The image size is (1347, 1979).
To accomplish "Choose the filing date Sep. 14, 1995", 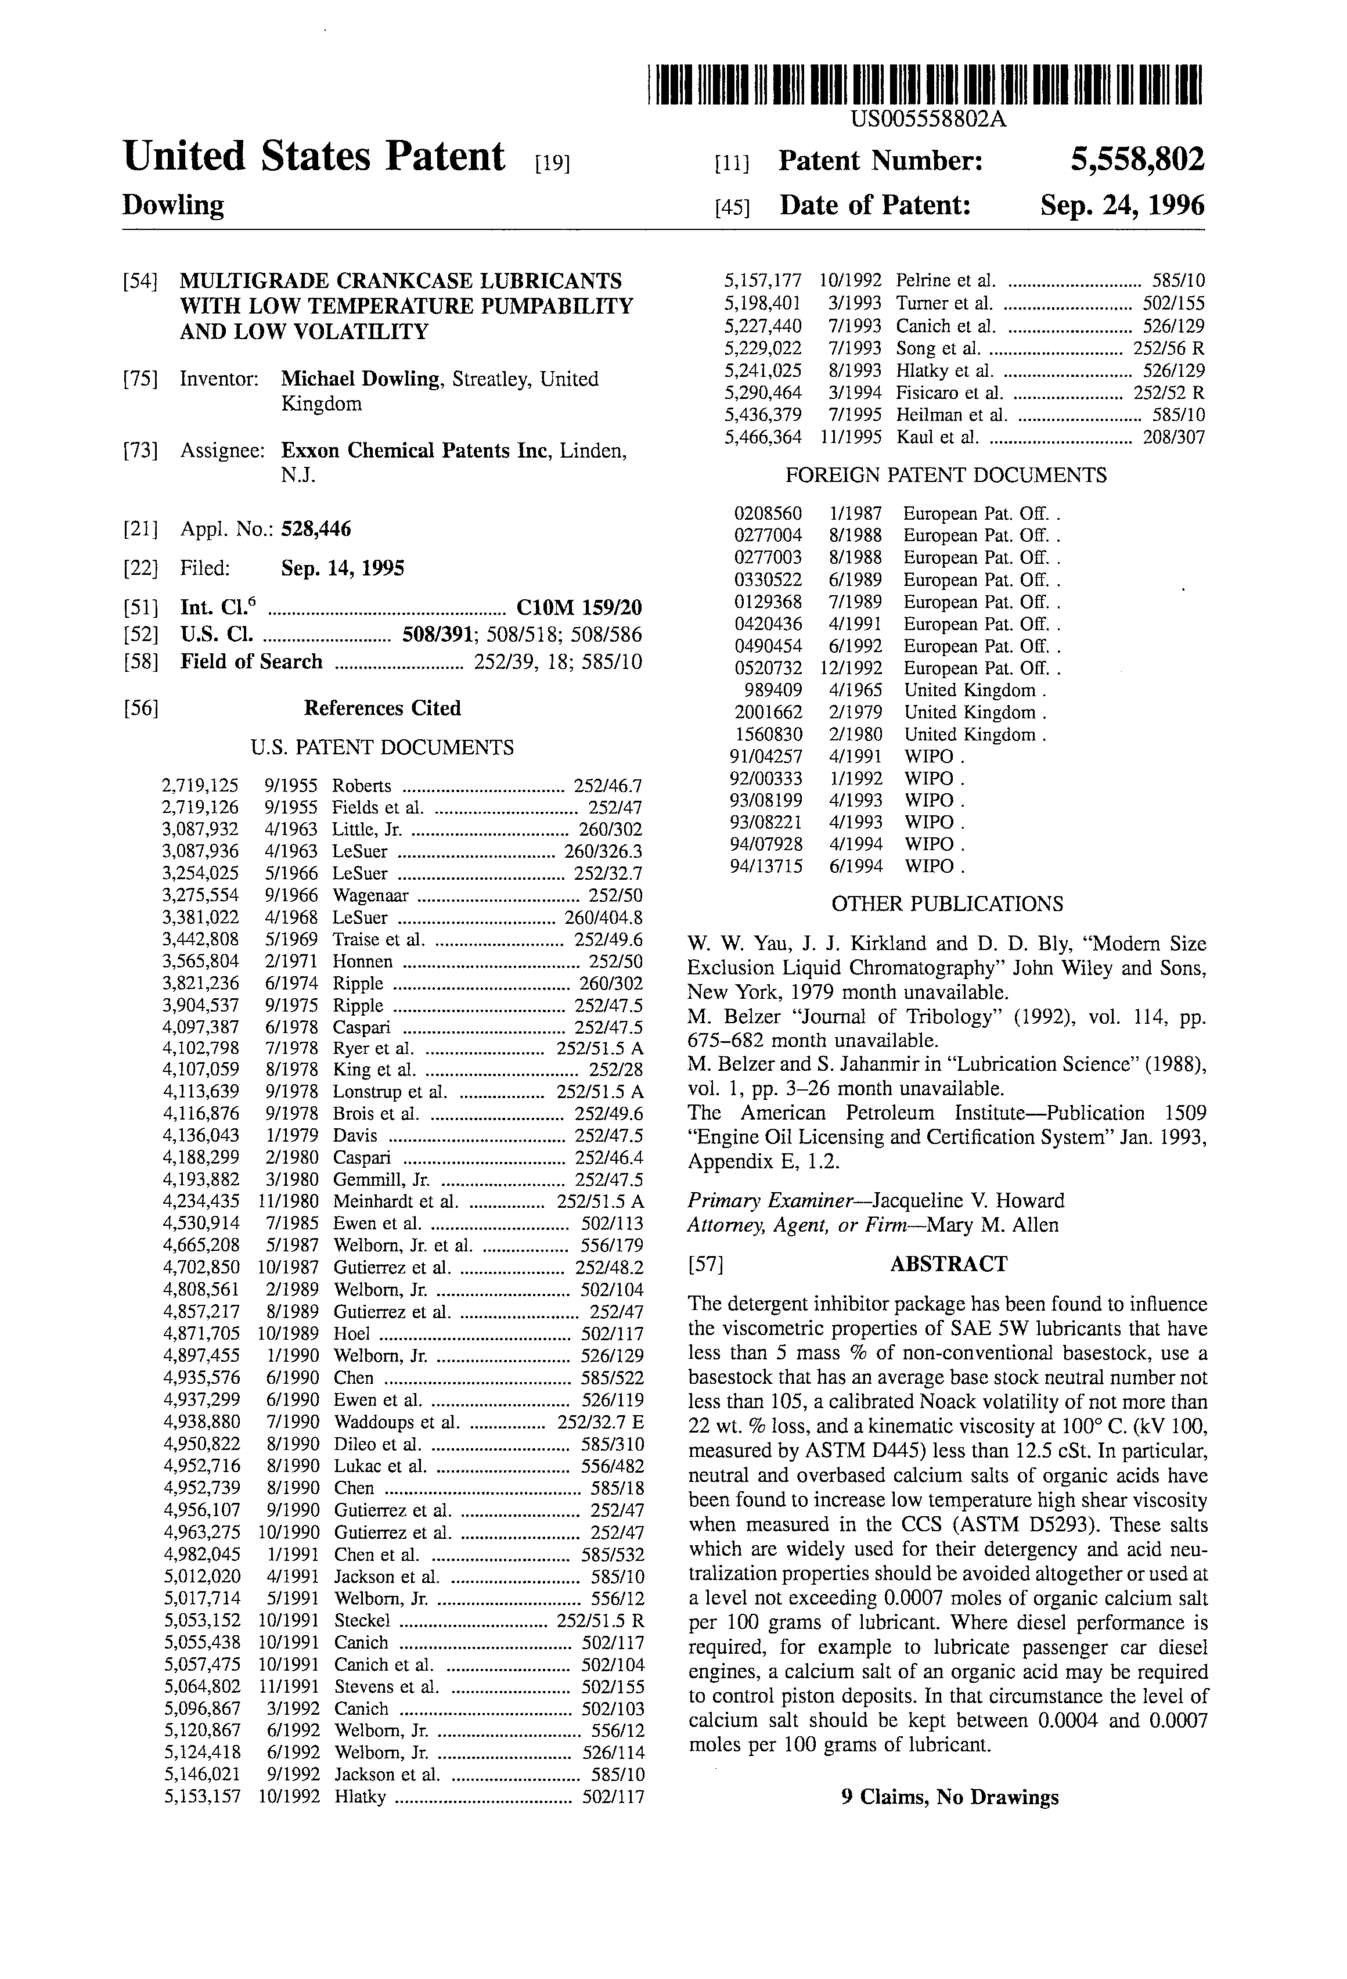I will tap(343, 569).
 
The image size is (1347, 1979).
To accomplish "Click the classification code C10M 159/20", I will tap(579, 608).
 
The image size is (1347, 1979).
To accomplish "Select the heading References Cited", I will tap(382, 708).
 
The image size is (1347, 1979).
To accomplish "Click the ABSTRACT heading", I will tap(949, 1264).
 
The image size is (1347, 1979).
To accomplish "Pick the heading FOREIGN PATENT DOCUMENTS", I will tap(946, 475).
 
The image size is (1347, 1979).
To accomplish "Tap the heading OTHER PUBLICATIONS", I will tap(947, 904).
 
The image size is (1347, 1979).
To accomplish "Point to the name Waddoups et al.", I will tap(396, 1422).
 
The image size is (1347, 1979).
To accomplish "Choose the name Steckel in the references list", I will tap(362, 1621).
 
